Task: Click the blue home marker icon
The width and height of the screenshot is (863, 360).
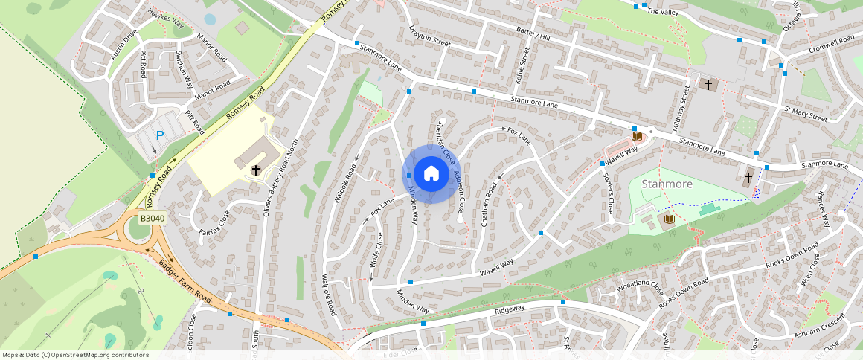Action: pos(431,174)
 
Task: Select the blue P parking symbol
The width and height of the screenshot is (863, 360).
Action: pos(159,136)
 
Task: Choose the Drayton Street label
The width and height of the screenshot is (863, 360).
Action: pos(430,36)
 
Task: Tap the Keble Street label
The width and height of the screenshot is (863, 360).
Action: pos(523,65)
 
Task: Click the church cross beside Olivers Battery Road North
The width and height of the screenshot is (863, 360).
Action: pos(255,170)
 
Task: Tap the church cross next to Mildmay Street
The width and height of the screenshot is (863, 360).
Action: pos(708,84)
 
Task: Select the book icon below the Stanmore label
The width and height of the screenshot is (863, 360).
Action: pos(669,219)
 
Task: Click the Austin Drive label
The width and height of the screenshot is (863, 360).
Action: pos(124,45)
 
